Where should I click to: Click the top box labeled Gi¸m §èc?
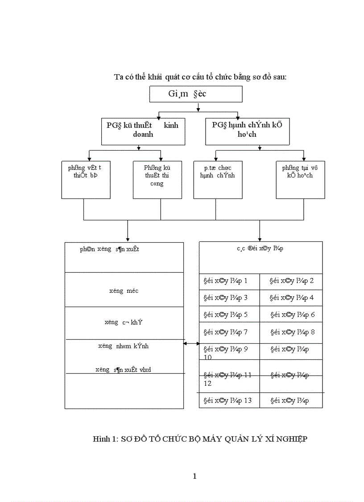195,94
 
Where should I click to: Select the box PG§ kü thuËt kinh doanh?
143,131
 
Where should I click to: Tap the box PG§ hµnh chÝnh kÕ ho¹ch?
247,131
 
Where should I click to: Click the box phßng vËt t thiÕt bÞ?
86,179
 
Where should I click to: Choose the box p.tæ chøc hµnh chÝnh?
217,179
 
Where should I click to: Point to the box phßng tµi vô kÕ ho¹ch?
300,179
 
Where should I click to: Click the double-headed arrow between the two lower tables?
192,343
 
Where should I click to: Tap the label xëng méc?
124,291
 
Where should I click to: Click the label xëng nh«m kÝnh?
124,346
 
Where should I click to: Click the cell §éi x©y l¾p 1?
225,281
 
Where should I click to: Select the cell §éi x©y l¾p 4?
292,298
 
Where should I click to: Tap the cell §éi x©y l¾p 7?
225,332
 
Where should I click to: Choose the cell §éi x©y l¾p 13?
227,401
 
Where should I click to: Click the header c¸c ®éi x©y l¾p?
260,249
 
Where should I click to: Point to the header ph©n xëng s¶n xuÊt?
110,249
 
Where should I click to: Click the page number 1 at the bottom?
194,476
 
